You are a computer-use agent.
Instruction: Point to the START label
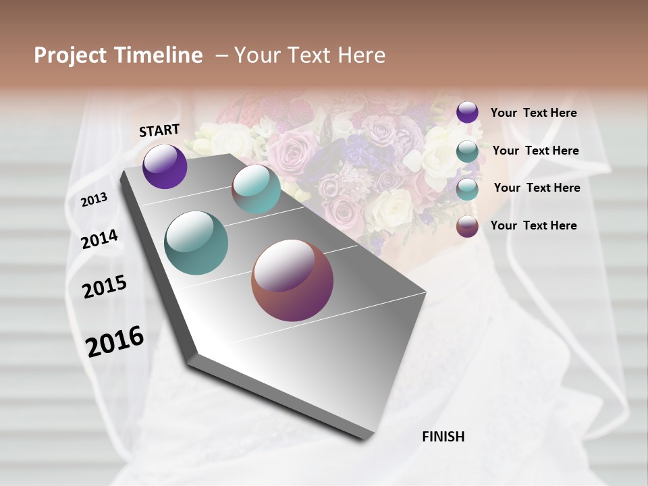[x=159, y=130]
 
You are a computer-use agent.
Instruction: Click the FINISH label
[x=443, y=437]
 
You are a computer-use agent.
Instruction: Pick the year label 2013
[x=94, y=200]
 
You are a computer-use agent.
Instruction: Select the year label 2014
[x=100, y=239]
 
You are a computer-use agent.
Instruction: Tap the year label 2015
[x=105, y=287]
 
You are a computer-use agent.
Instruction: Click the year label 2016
[x=115, y=341]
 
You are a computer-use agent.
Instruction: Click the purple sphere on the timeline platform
[x=165, y=166]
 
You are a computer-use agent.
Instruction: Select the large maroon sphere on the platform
[x=292, y=280]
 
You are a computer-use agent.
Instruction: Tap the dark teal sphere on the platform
[x=196, y=243]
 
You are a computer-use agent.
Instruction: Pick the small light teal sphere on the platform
[x=256, y=189]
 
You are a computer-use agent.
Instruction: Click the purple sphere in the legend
[x=467, y=112]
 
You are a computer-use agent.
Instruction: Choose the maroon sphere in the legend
[x=467, y=226]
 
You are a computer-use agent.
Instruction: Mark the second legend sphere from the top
[x=467, y=151]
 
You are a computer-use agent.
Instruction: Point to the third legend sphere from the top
[x=467, y=189]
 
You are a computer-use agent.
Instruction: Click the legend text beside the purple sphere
[x=534, y=113]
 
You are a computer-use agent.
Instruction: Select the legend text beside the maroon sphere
[x=534, y=225]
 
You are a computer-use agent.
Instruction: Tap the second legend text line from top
[x=536, y=151]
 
